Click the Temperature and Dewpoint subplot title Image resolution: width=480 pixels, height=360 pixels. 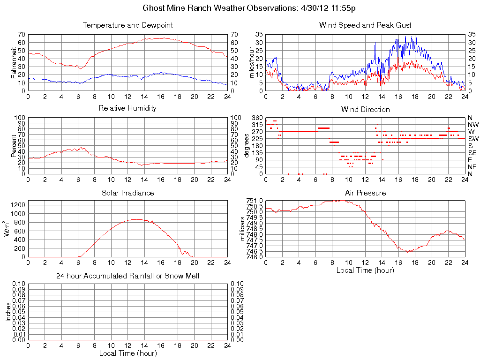[x=127, y=25]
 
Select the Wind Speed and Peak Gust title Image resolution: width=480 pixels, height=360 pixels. [x=365, y=25]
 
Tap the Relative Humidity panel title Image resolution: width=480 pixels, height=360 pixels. [x=127, y=108]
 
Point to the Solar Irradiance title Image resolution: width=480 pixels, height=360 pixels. [x=127, y=193]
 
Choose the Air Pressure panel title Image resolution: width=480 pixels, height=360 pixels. [x=365, y=193]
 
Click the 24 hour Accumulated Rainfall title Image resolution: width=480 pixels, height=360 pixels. [x=127, y=276]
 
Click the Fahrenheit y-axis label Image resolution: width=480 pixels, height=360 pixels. [x=14, y=62]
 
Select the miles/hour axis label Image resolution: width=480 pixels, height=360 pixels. [x=252, y=62]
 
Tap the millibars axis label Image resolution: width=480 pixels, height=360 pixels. [x=243, y=229]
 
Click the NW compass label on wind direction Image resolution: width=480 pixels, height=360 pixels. [x=473, y=125]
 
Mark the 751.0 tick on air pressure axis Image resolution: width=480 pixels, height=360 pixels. [x=255, y=201]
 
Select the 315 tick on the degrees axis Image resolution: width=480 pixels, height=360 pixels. [x=256, y=125]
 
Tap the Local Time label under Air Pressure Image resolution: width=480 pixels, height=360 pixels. [x=365, y=270]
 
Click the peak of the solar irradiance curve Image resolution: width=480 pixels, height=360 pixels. [x=136, y=219]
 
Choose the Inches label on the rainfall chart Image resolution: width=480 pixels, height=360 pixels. [x=8, y=312]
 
